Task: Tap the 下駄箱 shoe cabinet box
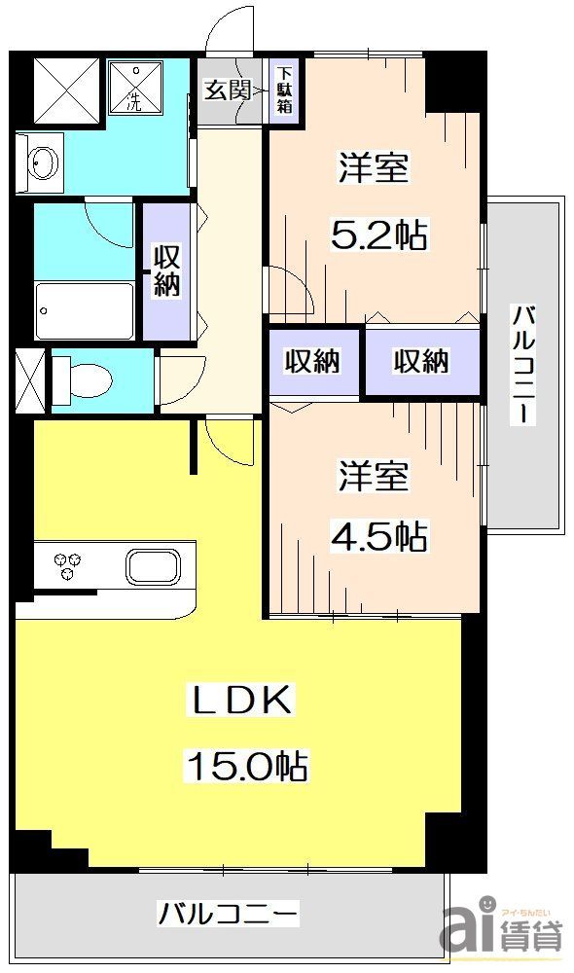click(284, 90)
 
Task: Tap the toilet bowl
click(88, 378)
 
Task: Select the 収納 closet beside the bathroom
click(164, 270)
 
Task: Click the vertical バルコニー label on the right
click(524, 365)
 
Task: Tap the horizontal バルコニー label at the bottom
click(229, 915)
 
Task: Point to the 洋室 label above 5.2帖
click(373, 167)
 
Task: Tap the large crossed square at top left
click(67, 90)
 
